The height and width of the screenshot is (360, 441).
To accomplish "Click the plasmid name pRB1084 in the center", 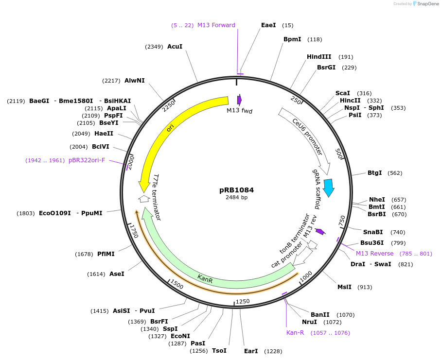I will (236, 190).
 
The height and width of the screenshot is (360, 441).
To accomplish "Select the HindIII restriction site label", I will (319, 57).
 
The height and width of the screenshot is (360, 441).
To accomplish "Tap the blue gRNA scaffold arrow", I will (329, 188).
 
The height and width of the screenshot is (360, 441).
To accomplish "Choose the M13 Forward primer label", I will (216, 25).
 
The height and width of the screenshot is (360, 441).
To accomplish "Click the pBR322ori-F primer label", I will (87, 160).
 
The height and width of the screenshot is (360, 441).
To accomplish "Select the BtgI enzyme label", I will (374, 173).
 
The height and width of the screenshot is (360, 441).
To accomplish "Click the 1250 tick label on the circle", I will (242, 301).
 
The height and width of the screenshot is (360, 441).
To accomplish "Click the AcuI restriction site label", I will (175, 47).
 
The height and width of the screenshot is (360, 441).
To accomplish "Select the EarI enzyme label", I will (251, 351).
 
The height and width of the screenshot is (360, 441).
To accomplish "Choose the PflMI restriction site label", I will (106, 254).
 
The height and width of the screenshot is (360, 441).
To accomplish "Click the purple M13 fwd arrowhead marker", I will (239, 100).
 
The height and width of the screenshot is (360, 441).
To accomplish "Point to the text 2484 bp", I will (236, 198).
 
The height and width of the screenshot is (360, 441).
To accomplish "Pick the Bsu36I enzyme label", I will (372, 243).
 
